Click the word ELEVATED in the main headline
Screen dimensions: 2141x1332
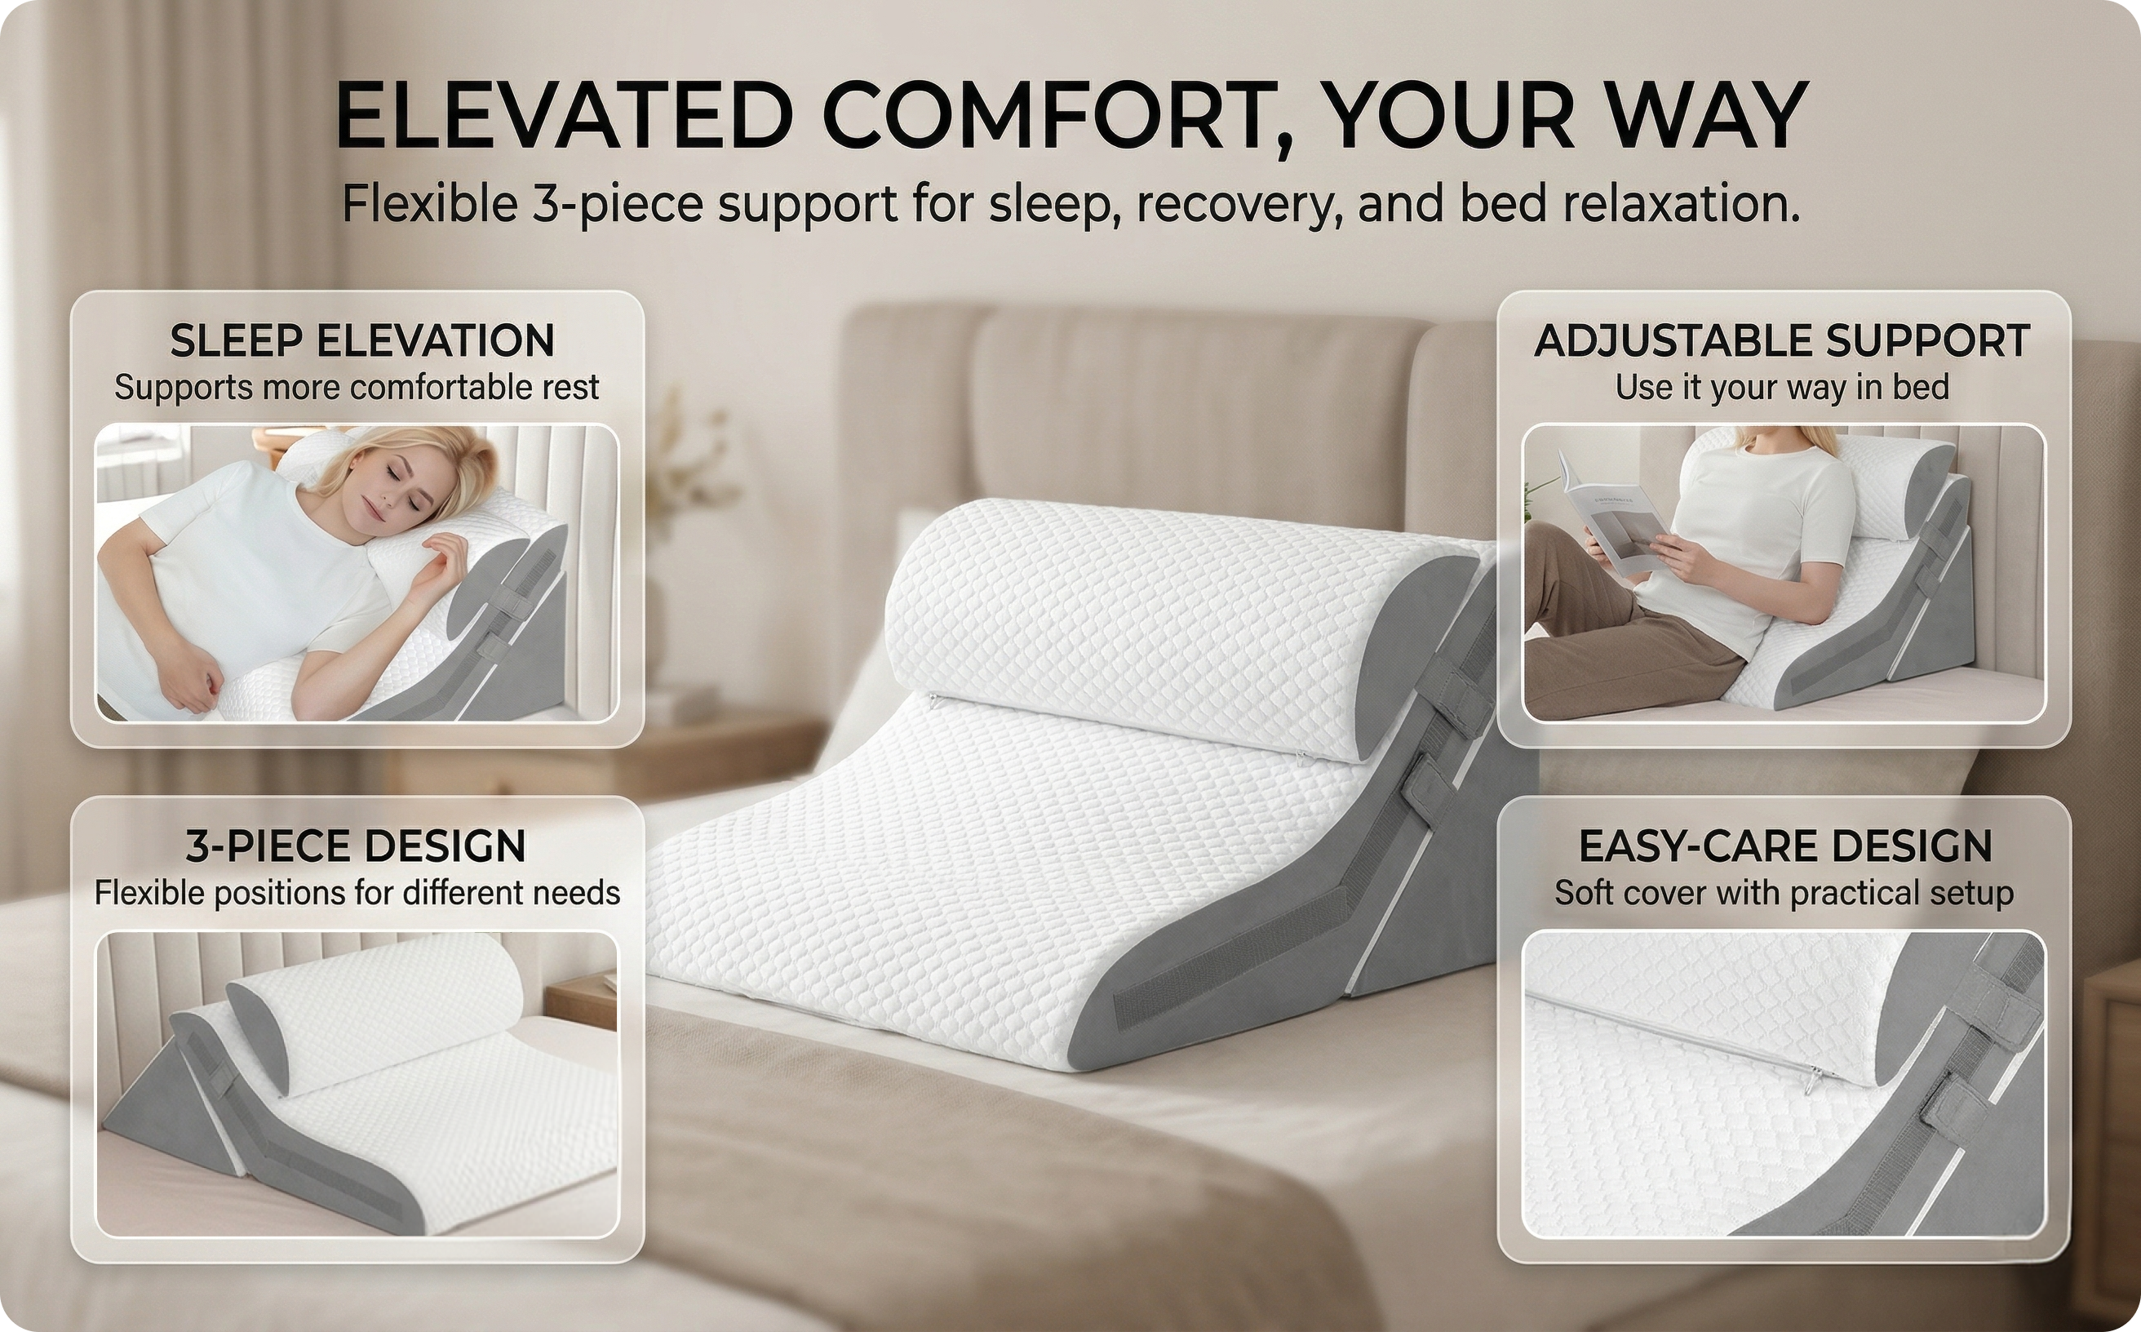(x=565, y=115)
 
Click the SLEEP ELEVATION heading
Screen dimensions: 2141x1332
(x=362, y=341)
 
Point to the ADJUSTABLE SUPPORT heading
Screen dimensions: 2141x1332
(x=1782, y=341)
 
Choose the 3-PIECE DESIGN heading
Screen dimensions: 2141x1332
(x=356, y=846)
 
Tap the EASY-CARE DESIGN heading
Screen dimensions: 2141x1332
(x=1785, y=846)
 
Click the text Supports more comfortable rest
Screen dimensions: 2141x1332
(x=357, y=388)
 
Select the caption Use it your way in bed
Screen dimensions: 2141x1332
(x=1782, y=388)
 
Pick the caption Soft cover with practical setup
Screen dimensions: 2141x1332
(x=1784, y=893)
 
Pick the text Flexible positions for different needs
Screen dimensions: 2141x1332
(x=357, y=893)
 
